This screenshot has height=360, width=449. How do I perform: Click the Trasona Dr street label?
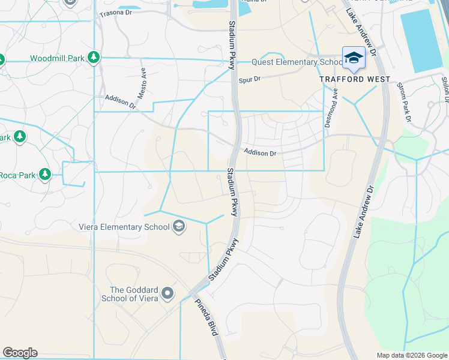click(116, 13)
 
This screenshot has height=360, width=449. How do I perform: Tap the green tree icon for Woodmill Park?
click(94, 58)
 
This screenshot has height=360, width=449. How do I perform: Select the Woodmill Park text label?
click(58, 58)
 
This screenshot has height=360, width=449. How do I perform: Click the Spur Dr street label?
click(249, 79)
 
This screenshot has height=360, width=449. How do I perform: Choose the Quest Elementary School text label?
click(297, 62)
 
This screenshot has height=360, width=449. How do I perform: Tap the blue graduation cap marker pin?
click(354, 58)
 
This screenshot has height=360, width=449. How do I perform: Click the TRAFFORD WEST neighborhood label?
click(355, 79)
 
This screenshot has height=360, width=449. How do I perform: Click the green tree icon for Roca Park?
click(45, 174)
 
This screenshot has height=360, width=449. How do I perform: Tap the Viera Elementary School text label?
click(124, 226)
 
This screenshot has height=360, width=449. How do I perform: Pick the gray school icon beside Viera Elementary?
click(178, 226)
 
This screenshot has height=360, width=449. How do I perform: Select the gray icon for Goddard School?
click(167, 294)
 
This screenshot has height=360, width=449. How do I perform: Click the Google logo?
click(20, 353)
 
